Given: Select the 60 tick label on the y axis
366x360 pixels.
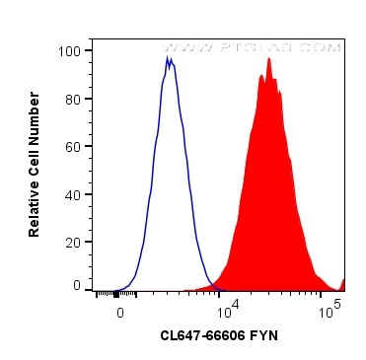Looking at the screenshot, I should click(x=73, y=146).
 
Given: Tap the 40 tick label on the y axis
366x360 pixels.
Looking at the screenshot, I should click(x=73, y=193).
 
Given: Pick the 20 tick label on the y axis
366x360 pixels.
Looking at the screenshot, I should click(x=73, y=242).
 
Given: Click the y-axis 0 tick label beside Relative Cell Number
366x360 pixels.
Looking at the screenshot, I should click(x=77, y=286).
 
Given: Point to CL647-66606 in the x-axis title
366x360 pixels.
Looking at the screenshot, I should click(x=202, y=336).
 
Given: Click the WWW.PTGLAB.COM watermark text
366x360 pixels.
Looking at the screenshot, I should click(x=251, y=46).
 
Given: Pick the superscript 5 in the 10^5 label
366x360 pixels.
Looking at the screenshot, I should click(x=337, y=306).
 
